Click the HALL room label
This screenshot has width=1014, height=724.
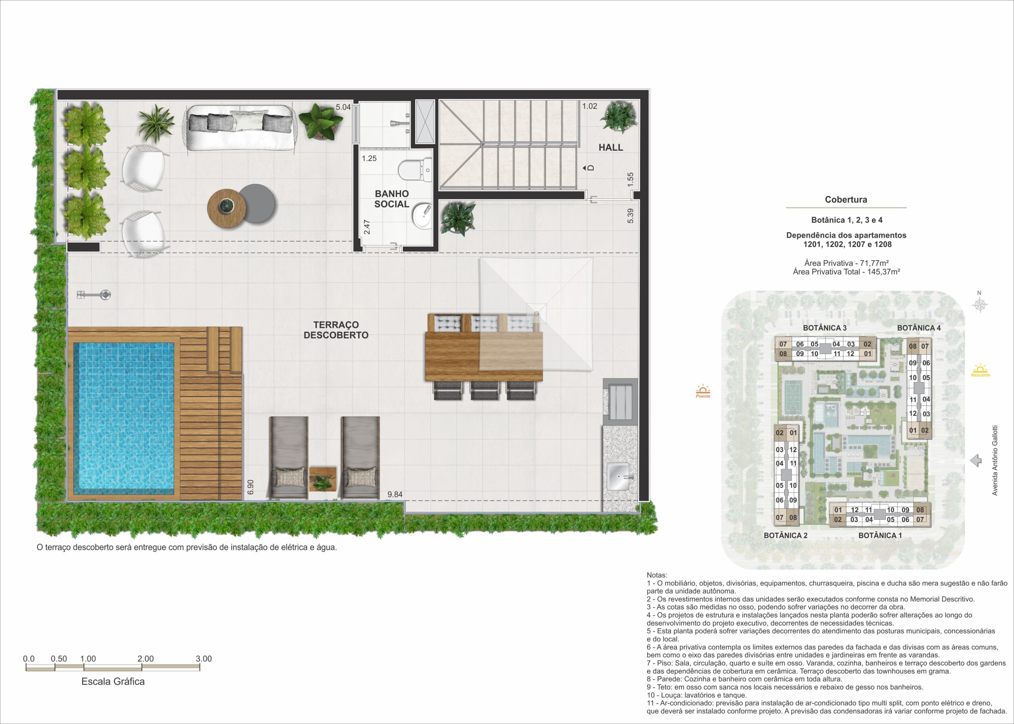coord(611,148)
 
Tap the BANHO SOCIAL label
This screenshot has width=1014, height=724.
coord(392,199)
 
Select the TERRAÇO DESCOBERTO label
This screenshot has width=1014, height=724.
coord(336,330)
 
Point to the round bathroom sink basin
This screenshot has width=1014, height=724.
coord(421,216)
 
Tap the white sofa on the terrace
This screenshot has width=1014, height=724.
coord(241,127)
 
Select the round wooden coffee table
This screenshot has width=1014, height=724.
coord(227,208)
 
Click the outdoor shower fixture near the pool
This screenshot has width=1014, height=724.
coord(94,295)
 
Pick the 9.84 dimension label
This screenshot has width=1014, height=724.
coord(395,494)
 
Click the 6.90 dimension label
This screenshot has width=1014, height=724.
coord(250,487)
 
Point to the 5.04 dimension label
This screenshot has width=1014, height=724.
coord(343,107)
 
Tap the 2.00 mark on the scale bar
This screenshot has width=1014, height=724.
coord(145,659)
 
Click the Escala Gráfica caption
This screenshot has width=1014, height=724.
coord(113,682)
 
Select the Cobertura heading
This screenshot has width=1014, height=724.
coord(846,200)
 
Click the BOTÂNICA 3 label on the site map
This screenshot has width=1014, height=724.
coord(824,328)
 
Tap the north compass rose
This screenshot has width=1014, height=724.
coord(980,305)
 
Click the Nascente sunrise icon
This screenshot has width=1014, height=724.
coord(980,370)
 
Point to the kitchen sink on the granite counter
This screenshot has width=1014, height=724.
coord(618,477)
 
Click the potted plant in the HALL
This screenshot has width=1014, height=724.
coord(618,117)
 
